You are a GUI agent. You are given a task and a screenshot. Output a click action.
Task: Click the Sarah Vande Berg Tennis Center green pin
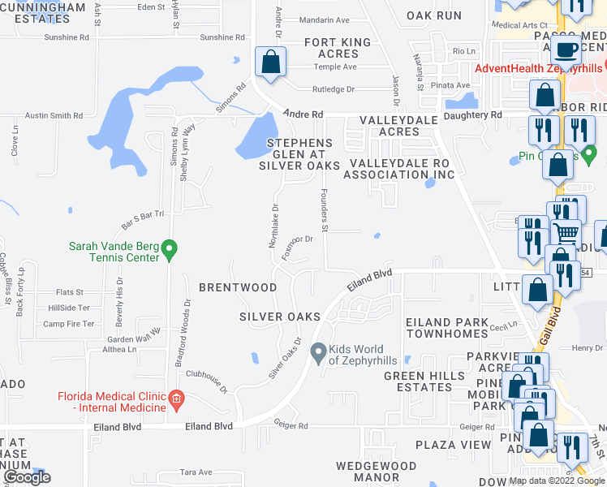coord(170,250)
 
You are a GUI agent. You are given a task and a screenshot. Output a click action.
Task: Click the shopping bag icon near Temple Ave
coord(269,62)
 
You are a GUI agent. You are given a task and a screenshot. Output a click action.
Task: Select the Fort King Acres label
coord(338,48)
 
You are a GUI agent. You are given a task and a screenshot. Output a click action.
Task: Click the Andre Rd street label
coord(303,114)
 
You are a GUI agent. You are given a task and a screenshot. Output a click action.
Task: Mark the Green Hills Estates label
coord(418,381)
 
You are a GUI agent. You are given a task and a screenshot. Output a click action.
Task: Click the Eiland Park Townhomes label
coord(448,328)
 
